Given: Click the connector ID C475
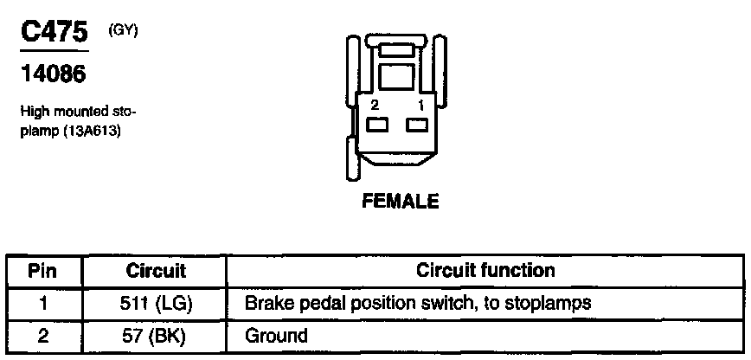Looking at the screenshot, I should [x=55, y=34].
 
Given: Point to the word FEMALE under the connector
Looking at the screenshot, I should [x=401, y=202].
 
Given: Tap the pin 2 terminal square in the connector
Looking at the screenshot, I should [x=376, y=126].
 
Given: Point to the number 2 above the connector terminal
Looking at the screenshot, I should [x=375, y=105].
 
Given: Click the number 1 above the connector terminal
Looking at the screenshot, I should [x=420, y=105].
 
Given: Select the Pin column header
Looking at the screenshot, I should [x=42, y=271].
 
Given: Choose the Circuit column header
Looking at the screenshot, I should [x=155, y=271].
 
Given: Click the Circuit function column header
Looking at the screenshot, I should [x=485, y=271].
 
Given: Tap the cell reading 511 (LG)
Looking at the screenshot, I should [x=156, y=304].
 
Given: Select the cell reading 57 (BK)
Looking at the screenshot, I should [x=156, y=335].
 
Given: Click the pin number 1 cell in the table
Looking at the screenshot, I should [x=42, y=304].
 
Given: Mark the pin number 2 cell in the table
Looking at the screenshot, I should [x=42, y=335].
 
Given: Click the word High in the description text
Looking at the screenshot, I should [x=32, y=112].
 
